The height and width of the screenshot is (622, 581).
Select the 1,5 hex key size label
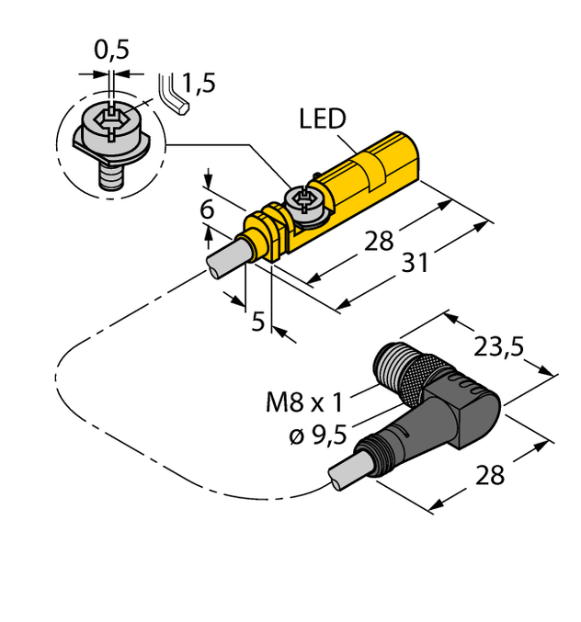click(x=199, y=85)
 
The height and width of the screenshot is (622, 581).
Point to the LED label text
click(x=322, y=119)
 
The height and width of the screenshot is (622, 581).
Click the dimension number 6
click(x=208, y=210)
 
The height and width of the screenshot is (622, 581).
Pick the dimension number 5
click(x=258, y=321)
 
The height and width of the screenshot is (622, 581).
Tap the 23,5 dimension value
click(x=499, y=346)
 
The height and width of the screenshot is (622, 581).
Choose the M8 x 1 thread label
click(x=303, y=401)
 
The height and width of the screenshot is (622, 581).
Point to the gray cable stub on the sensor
click(x=224, y=258)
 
